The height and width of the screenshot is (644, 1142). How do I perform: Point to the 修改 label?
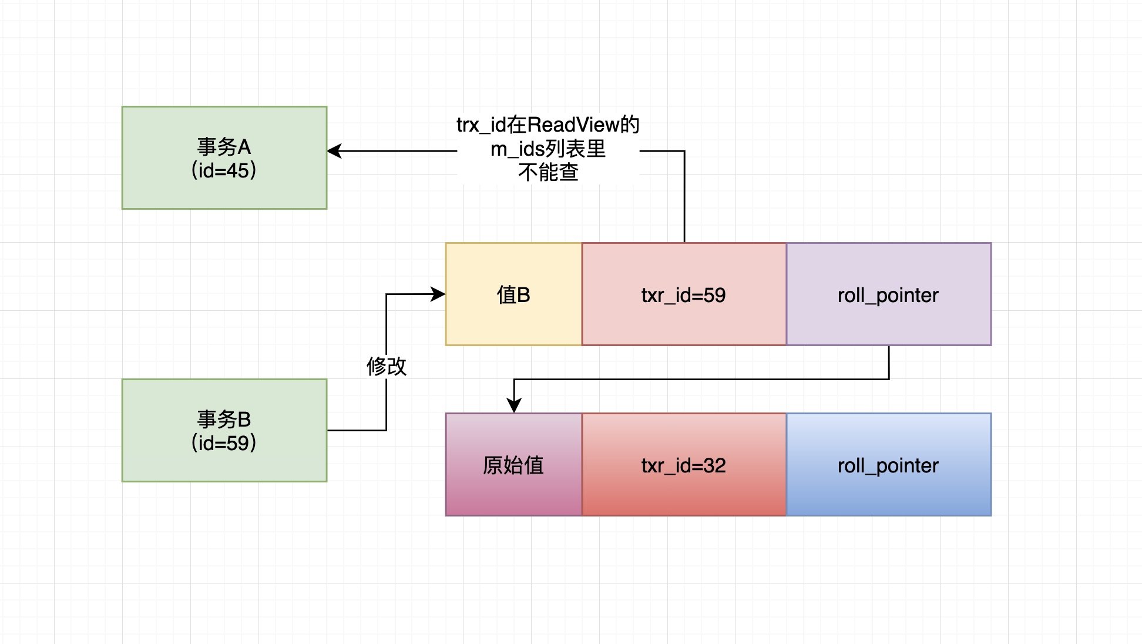pos(386,367)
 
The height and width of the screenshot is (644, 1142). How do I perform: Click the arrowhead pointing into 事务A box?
pos(334,151)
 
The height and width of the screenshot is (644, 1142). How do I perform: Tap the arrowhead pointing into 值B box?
pos(438,294)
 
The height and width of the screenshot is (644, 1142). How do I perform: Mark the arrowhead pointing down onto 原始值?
pos(514,406)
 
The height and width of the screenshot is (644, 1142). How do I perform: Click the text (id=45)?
pos(224,171)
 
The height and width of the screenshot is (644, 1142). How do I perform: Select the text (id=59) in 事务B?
pos(224,443)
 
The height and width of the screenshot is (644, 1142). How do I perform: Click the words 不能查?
pos(548,173)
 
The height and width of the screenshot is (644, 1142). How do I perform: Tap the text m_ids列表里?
pos(548,149)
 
